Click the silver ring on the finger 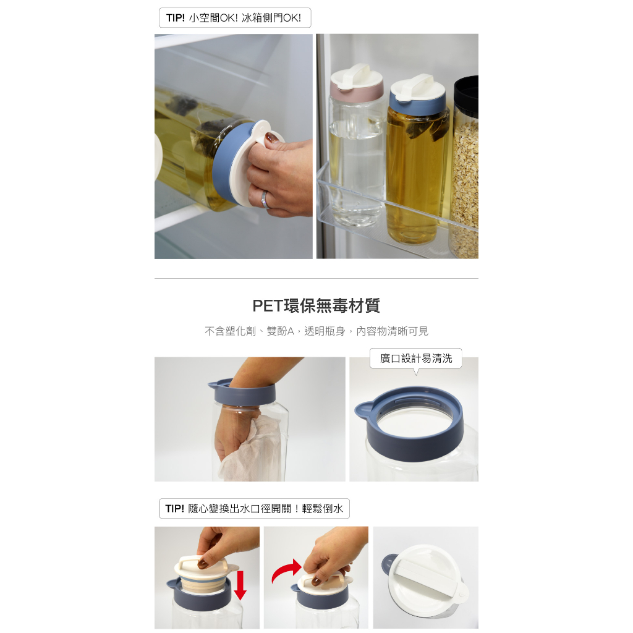[265, 200]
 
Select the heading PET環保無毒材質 [316, 305]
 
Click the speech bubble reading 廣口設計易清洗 [416, 359]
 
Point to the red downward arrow [240, 585]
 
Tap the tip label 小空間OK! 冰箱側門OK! [235, 18]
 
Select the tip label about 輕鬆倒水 [254, 509]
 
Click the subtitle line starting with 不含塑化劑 [316, 331]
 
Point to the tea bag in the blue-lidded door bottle [428, 129]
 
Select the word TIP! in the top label [176, 18]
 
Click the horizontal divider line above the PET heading [316, 279]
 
